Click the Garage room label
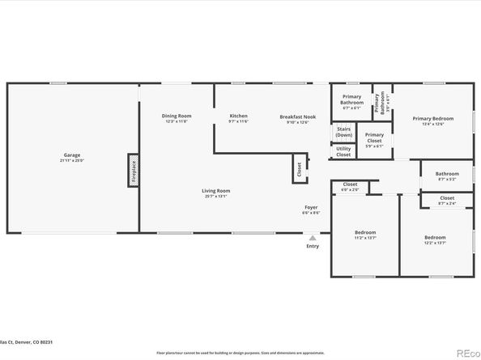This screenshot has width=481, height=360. click(71, 155)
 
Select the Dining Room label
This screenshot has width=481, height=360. click(176, 116)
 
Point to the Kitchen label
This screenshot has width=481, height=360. click(238, 116)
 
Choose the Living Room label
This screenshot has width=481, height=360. click(215, 190)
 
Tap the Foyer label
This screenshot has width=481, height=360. click(311, 207)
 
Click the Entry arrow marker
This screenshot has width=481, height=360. click(313, 237)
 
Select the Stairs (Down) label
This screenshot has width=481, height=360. click(343, 132)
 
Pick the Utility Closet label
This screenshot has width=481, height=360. click(343, 150)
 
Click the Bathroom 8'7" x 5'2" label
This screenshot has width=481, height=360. click(447, 173)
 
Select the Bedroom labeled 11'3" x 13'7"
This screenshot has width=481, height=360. click(365, 232)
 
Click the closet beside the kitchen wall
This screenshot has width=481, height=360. click(299, 168)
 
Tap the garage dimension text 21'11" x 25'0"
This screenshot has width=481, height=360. click(71, 160)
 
